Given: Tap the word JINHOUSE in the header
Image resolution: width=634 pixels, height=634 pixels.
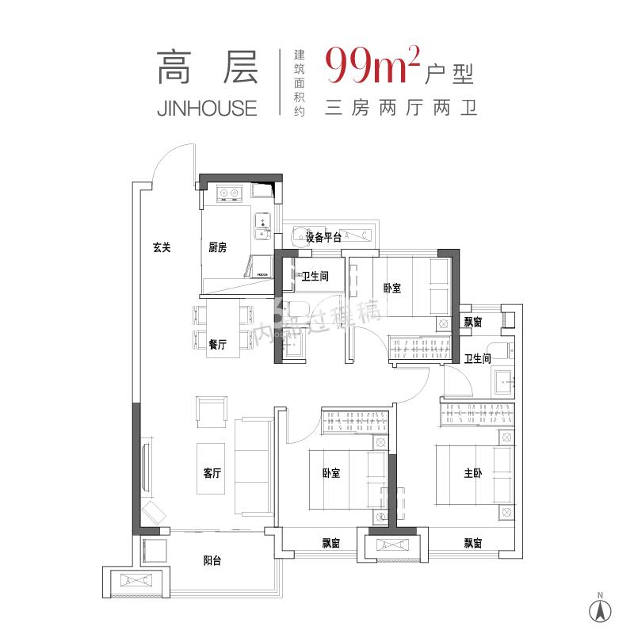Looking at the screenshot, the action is [208, 108].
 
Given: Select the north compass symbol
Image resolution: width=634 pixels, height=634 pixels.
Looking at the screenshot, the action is [601, 609].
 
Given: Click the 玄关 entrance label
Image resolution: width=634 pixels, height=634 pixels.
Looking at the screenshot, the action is [162, 247].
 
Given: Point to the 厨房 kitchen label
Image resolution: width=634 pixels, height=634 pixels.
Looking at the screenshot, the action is [217, 247].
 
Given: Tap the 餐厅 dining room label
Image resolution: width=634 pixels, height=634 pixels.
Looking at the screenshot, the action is [217, 345].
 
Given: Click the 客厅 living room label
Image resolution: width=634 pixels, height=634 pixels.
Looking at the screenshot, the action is [211, 473].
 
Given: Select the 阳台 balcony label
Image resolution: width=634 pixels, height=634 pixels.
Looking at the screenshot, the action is [212, 560].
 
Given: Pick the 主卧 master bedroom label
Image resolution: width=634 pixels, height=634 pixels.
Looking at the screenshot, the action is [472, 473].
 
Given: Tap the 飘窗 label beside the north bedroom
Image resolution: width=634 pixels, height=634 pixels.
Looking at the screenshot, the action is [473, 322].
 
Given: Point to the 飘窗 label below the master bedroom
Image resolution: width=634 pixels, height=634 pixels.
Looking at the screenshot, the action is [473, 543].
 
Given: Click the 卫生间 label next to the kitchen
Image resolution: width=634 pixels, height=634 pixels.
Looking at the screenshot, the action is [315, 277].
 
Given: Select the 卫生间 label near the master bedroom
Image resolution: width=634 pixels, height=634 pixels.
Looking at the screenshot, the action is [478, 358].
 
